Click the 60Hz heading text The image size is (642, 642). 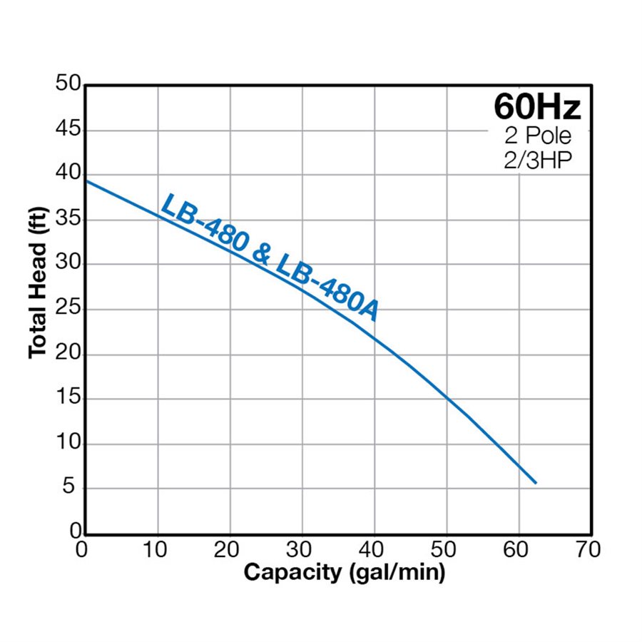537,107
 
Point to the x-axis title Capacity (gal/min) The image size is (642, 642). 345,572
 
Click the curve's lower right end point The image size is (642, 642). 535,483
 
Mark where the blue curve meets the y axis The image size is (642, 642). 86,180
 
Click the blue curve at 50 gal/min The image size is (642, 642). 447,397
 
